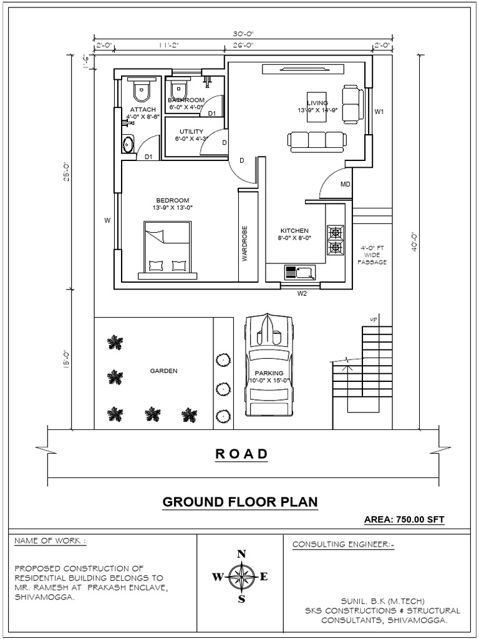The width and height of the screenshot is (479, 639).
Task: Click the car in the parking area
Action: click(x=269, y=364)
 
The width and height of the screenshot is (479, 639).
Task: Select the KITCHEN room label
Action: click(x=294, y=230)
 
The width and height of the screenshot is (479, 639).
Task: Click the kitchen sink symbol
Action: click(x=300, y=272)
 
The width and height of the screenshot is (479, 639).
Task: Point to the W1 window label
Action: click(x=379, y=112)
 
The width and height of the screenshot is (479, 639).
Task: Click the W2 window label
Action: click(x=302, y=293)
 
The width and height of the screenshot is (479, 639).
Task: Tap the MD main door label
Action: click(x=345, y=185)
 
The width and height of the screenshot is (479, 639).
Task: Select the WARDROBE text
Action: click(x=245, y=243)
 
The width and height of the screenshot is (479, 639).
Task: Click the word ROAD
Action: click(x=241, y=454)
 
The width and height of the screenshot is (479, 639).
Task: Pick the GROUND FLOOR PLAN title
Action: click(x=240, y=502)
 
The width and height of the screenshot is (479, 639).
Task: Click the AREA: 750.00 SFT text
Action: click(x=404, y=519)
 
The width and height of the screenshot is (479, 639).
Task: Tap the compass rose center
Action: click(x=241, y=577)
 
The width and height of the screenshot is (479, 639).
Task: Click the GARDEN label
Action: click(x=163, y=371)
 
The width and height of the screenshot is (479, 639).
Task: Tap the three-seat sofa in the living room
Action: click(x=317, y=140)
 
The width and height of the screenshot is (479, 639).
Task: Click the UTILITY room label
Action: click(x=188, y=131)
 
